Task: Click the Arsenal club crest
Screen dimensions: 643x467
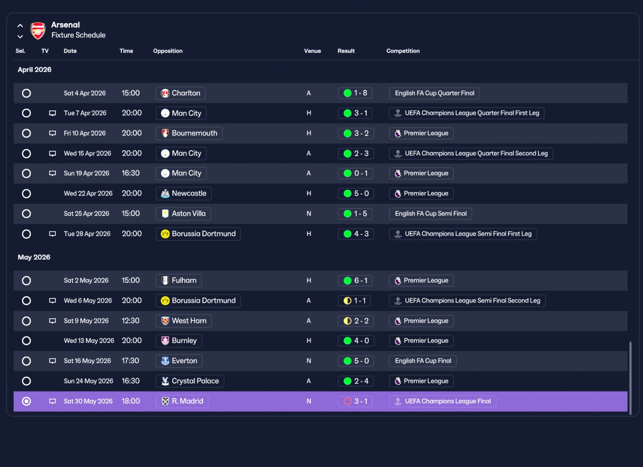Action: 38,31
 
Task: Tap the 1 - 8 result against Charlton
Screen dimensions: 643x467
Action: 355,93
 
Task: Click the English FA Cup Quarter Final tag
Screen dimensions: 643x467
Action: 434,93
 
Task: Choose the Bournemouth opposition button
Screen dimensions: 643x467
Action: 189,134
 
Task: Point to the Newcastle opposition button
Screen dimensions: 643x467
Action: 183,194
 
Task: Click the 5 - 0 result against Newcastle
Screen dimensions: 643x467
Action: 356,194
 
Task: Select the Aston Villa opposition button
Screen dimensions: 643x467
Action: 183,214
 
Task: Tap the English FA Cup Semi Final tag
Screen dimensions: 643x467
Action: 431,214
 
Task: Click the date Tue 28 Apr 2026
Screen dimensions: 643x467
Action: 87,234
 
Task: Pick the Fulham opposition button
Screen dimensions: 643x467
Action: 178,281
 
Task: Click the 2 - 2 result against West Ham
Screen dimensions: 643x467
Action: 356,321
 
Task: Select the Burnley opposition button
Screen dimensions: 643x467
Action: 178,341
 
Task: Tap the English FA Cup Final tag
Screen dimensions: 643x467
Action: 422,361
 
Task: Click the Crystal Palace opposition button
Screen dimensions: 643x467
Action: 190,381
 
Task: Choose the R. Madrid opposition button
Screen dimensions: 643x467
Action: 182,401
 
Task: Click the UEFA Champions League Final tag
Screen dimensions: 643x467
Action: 443,401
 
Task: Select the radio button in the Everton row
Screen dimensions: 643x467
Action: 27,361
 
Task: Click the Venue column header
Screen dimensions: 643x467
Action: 312,51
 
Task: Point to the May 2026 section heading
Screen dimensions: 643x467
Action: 34,257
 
